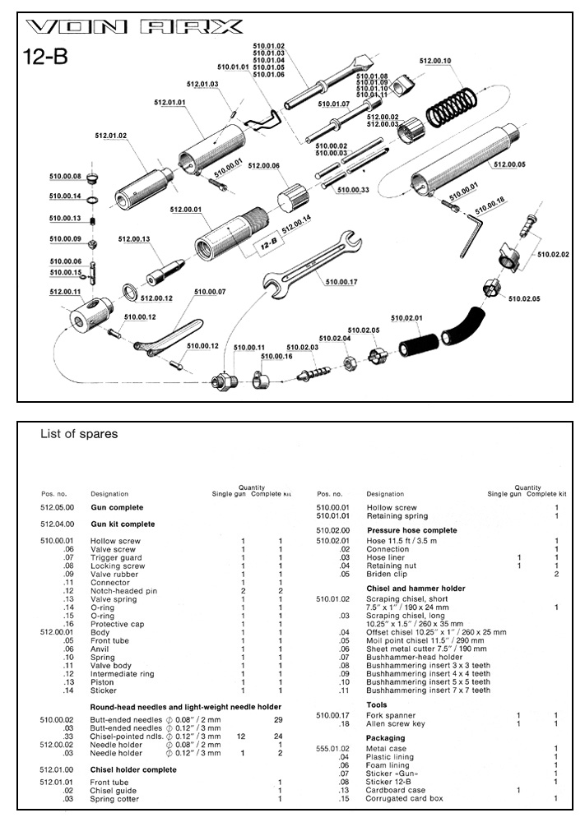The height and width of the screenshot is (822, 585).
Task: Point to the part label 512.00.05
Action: [x=510, y=164]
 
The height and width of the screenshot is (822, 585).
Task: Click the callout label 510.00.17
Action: [x=342, y=282]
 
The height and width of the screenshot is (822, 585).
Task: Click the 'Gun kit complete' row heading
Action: [x=123, y=524]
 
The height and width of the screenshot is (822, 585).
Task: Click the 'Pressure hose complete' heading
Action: [x=411, y=530]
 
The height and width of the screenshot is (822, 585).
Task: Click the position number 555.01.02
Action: [x=333, y=748]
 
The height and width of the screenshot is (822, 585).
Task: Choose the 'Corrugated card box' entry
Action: [x=404, y=798]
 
